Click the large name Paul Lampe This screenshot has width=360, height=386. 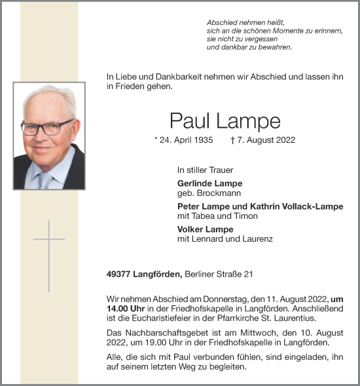225,120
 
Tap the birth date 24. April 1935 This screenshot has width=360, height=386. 189,140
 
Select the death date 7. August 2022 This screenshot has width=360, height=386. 266,140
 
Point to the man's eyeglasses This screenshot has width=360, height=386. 48,126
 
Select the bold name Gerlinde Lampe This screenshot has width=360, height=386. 209,183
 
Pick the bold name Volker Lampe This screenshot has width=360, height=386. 205,229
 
